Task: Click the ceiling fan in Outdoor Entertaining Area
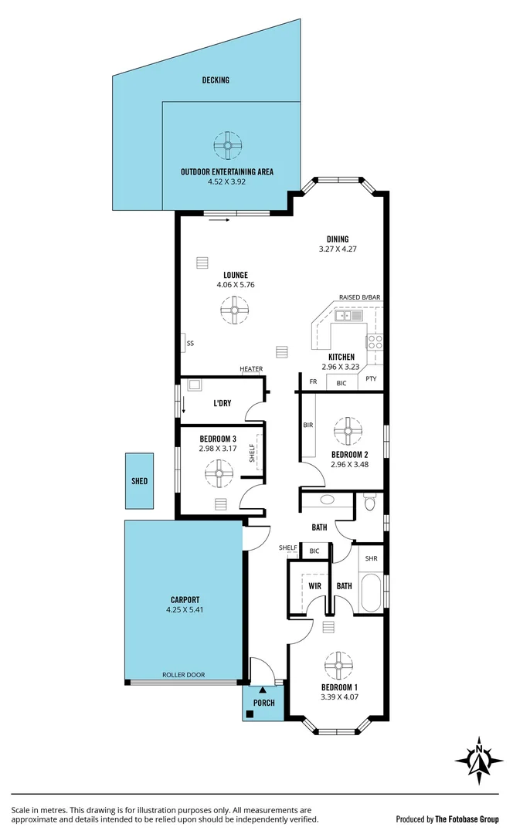coord(228,144)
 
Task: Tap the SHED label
coord(139,481)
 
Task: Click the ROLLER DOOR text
coord(183,675)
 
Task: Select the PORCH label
coord(264,703)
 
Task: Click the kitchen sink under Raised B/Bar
coord(349,315)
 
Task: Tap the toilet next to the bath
coord(369,504)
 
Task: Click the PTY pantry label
coord(371,378)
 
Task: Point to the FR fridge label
coord(313,381)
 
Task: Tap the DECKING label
coord(216,80)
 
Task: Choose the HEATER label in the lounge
coord(251,369)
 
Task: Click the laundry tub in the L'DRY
coord(195,385)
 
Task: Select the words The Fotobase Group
coord(465,819)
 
